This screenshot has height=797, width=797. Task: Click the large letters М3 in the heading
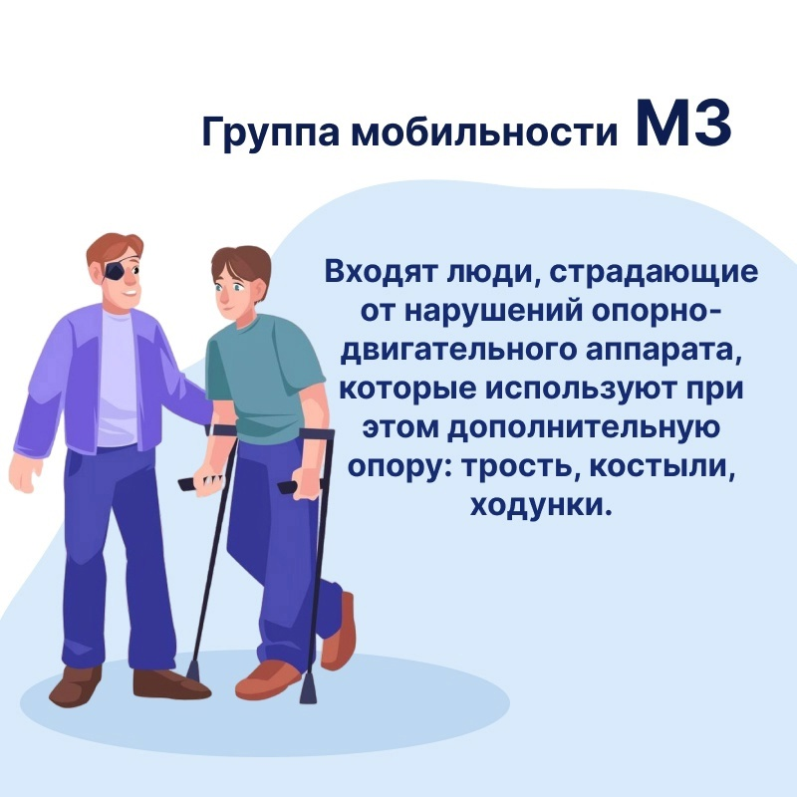point(683,124)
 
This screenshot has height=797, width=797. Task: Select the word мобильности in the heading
point(484,131)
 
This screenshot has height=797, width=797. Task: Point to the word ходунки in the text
point(539,506)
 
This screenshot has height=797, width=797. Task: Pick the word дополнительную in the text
point(584,428)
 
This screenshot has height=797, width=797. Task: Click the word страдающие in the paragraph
point(654,273)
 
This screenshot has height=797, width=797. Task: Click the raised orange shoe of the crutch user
point(340,633)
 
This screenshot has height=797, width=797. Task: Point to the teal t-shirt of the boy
point(264,377)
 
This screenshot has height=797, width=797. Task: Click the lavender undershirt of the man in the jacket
point(117,379)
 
